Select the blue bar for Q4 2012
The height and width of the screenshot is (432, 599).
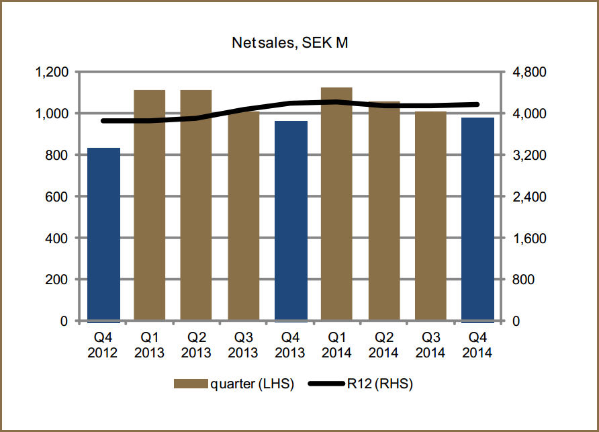pyautogui.click(x=104, y=234)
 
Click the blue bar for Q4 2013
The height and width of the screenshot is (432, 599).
pyautogui.click(x=290, y=221)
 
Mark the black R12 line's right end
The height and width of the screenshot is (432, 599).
pyautogui.click(x=477, y=104)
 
